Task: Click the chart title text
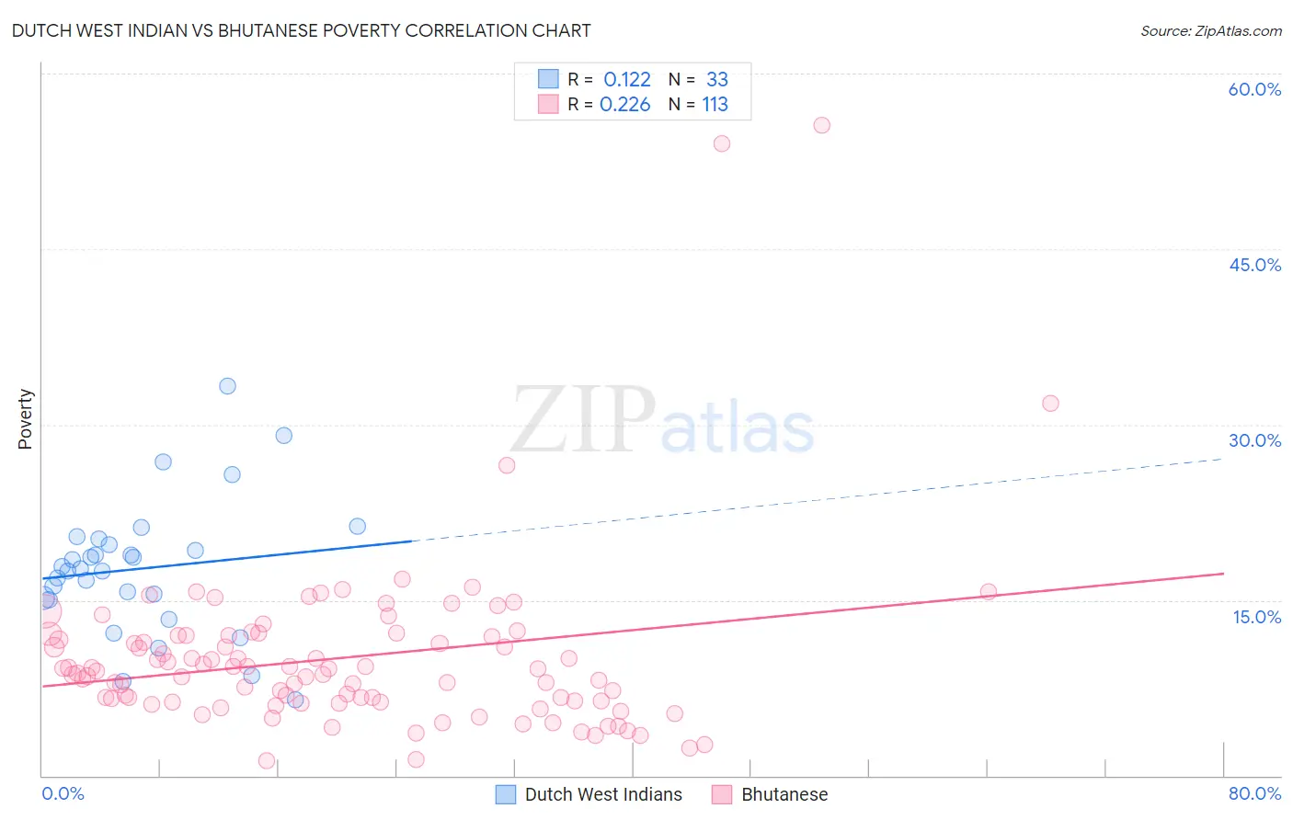[301, 30]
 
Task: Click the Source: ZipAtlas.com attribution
[1210, 30]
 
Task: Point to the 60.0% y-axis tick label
[1254, 89]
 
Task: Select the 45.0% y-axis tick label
[1254, 265]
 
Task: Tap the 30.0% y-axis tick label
[1254, 440]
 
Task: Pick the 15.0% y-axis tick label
[1256, 617]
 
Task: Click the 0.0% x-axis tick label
[63, 793]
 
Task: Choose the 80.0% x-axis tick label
[1254, 793]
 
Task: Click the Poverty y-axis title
[25, 419]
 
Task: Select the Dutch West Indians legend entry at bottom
[602, 794]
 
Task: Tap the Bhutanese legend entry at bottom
[784, 794]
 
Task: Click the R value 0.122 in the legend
[627, 80]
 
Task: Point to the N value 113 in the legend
[715, 105]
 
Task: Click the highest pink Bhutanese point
[822, 125]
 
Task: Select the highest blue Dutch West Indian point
[227, 386]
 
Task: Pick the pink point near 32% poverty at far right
[1050, 404]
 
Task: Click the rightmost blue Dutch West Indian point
[358, 527]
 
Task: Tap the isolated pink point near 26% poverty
[507, 465]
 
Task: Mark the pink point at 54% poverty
[722, 143]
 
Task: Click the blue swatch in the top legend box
[548, 79]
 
